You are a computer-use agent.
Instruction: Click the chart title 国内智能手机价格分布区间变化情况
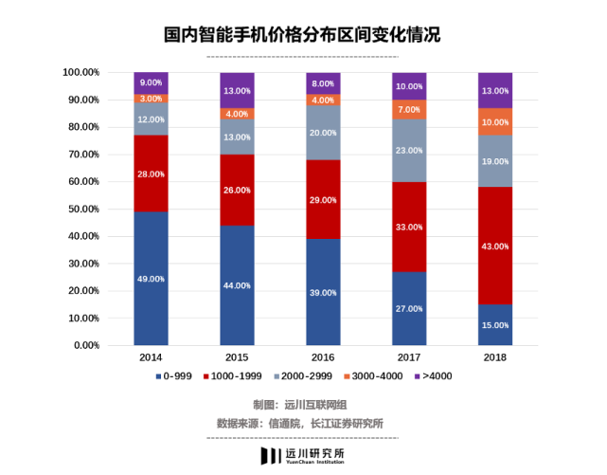pos(302,35)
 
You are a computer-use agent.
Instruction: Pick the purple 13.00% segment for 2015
pos(237,90)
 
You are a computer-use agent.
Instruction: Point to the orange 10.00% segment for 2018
pos(494,121)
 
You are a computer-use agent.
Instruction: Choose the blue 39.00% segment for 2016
pos(323,313)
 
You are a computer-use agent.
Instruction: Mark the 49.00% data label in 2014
pos(151,279)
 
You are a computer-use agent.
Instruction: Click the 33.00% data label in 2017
pos(408,228)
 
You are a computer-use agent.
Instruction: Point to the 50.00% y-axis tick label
pos(83,209)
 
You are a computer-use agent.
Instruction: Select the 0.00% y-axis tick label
pos(86,346)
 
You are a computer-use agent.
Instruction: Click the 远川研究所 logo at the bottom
pos(302,456)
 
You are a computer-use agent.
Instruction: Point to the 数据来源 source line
pos(302,423)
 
